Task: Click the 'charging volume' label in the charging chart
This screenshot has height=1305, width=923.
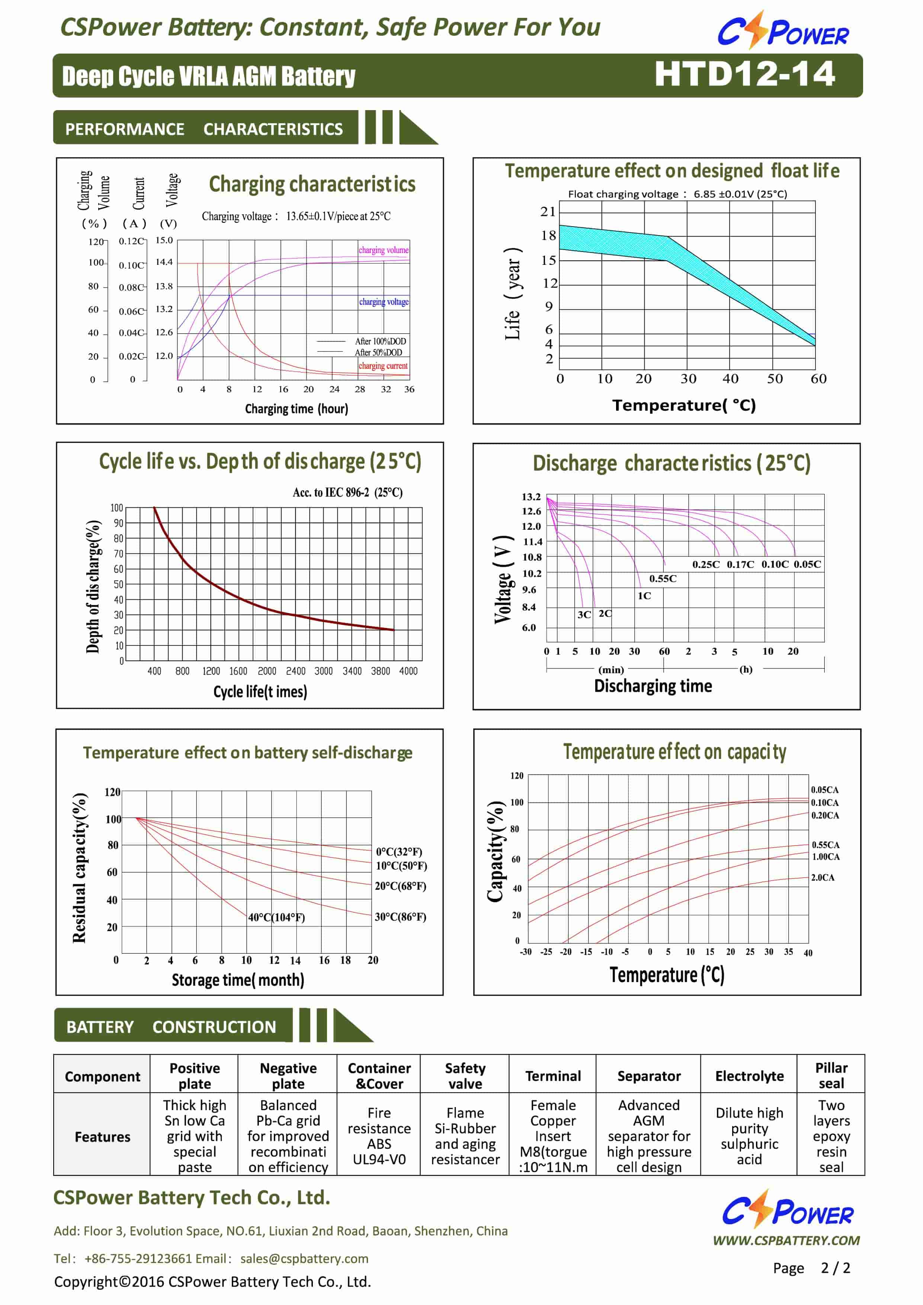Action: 384,250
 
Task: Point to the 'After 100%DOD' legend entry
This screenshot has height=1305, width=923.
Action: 380,341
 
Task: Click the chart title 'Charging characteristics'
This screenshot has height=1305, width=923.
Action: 312,184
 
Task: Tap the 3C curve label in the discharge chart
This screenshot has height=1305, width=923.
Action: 584,615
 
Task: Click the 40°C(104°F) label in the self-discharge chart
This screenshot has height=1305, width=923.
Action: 276,917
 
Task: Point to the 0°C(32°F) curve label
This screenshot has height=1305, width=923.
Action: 399,852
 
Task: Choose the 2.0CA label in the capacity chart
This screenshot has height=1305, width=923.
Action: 823,878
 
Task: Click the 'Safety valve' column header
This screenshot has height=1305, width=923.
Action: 465,1075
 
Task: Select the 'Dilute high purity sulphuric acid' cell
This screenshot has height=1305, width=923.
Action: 749,1136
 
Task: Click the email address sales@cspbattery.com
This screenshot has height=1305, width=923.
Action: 304,1258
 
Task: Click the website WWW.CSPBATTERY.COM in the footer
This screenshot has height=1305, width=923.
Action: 786,1240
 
